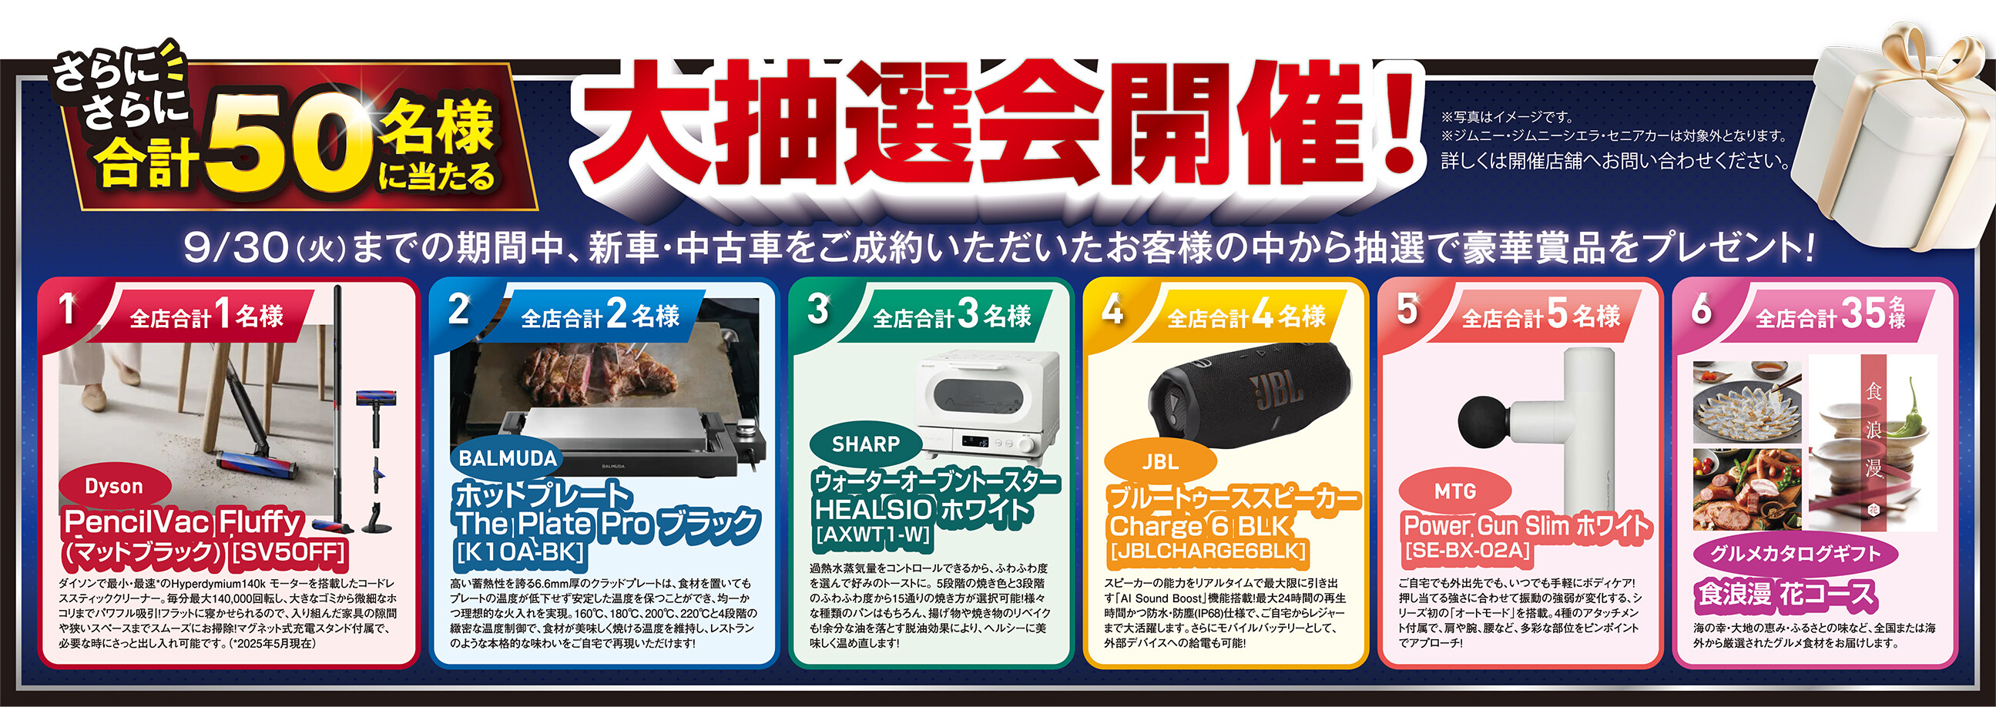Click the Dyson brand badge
(114, 486)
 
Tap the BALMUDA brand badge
(508, 458)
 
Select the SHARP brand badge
(866, 444)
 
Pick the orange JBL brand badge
(1160, 462)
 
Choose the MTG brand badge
(1455, 491)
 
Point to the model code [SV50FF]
(288, 553)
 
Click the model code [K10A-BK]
(520, 552)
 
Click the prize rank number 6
(1702, 309)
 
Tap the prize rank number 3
(818, 308)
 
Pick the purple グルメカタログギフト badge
(1795, 554)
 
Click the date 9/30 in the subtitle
(237, 248)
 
